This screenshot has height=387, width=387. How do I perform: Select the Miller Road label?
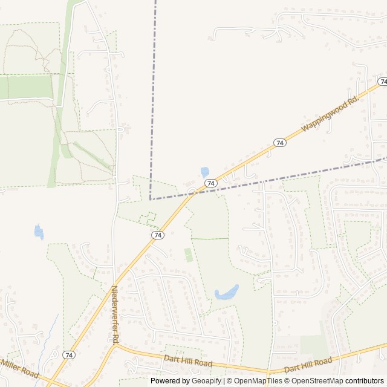19,368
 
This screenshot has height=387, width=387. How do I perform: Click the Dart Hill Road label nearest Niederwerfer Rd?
188,362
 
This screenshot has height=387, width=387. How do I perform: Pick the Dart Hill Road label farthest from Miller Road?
308,365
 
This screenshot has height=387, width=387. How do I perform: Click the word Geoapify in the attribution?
207,381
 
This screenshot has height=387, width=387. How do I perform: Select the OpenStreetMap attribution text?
317,381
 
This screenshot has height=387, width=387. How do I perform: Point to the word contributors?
365,381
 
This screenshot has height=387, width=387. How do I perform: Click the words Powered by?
170,381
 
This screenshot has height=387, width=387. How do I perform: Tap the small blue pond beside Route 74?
205,172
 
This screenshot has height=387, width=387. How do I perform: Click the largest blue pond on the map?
227,293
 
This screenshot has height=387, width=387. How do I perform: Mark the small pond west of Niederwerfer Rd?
39,231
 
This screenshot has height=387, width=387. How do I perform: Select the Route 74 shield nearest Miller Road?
69,355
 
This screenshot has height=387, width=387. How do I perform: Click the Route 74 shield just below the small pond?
210,183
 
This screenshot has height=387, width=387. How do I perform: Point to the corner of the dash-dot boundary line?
151,199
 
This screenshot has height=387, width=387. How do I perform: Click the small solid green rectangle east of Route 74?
189,255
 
